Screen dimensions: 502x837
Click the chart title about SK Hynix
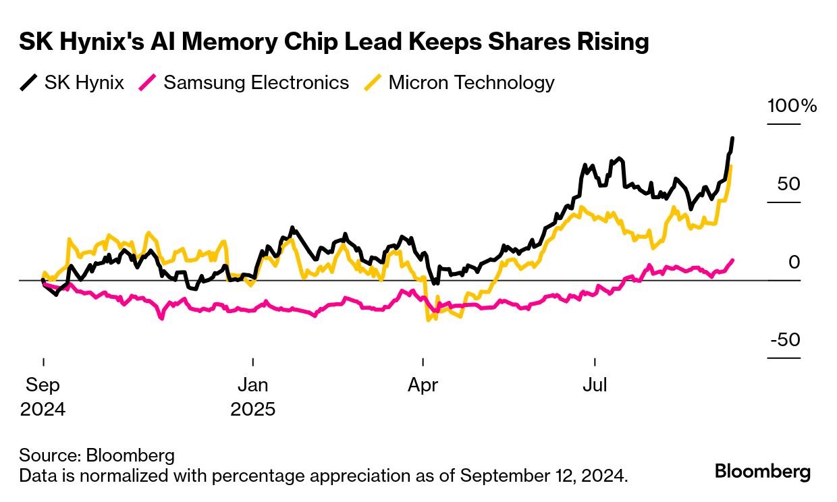tap(333, 42)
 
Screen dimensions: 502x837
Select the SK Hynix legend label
tap(84, 83)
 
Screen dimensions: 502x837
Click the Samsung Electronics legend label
tap(256, 83)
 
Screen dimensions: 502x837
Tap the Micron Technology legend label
tap(472, 83)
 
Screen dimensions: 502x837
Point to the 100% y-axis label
tap(792, 106)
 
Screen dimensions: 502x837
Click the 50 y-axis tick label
tap(788, 184)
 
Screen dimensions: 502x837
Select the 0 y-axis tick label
tap(794, 262)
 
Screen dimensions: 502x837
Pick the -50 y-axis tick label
tap(786, 339)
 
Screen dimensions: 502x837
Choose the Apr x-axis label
tap(423, 385)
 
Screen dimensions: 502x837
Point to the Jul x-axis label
tap(595, 385)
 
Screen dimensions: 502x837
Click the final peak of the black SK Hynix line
tap(733, 138)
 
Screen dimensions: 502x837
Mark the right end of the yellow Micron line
tap(732, 167)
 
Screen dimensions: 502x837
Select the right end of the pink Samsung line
tap(733, 260)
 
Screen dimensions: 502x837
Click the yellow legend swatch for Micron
tap(377, 83)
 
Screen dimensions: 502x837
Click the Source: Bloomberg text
tap(97, 455)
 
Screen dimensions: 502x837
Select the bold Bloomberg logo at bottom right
tap(763, 472)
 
